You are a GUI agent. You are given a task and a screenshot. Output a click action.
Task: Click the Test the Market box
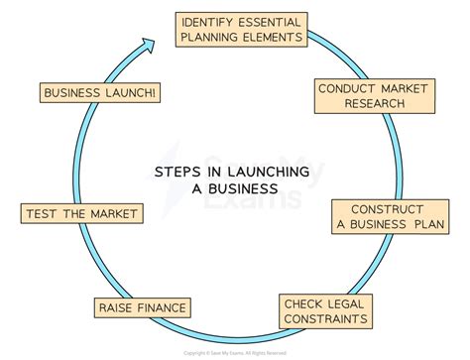click(79, 212)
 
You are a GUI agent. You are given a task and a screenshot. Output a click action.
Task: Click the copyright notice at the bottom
click(235, 352)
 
